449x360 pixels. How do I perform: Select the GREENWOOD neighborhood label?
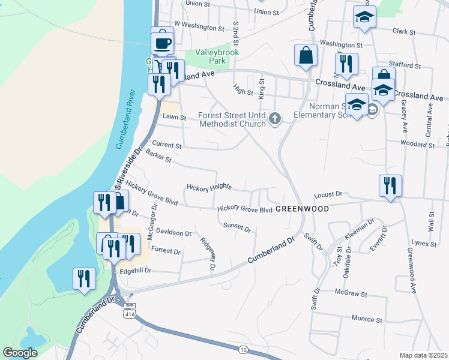303,209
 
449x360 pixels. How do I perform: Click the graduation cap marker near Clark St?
364,17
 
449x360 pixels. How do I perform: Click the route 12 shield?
243,349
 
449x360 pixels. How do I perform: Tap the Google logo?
20,353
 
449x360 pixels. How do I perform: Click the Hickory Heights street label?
209,188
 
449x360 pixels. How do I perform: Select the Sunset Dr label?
237,227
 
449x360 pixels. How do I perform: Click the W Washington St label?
198,26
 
